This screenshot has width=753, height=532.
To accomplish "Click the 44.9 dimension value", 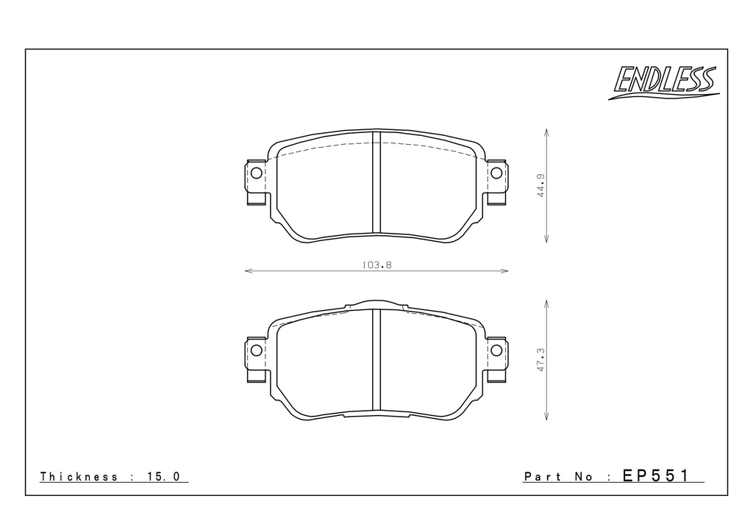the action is point(541,186).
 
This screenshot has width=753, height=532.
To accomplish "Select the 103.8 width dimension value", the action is point(376,265).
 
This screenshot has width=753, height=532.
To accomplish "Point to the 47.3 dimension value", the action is point(541,360).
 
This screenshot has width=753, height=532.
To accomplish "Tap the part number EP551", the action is point(655,475).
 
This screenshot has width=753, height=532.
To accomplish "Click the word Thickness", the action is point(79,476).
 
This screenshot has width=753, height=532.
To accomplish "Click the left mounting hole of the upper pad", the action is point(256,173).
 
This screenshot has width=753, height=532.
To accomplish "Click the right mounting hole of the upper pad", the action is point(496,173).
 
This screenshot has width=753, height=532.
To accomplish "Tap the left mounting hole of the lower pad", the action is point(256,351).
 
